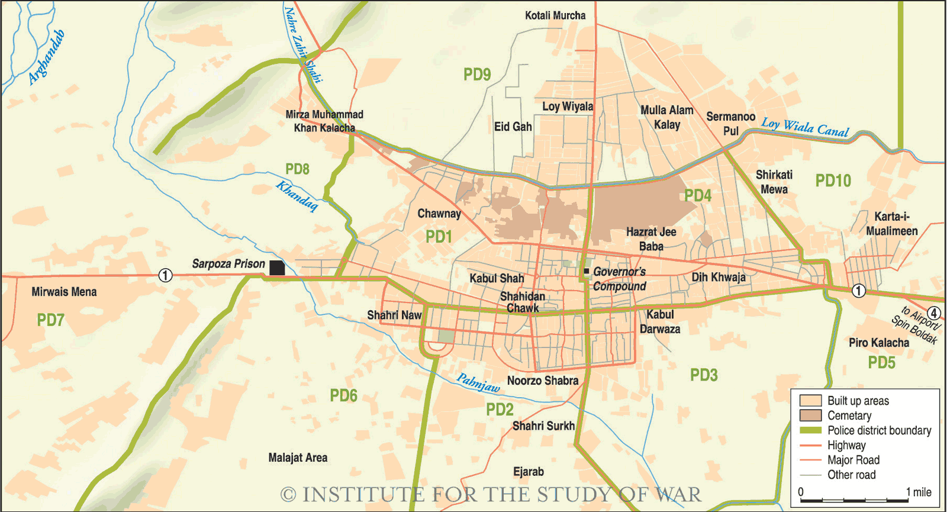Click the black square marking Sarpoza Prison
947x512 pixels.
coord(277,268)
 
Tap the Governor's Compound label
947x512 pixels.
coord(619,279)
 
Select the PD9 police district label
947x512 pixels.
coord(477,75)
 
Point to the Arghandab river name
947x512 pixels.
coord(46,57)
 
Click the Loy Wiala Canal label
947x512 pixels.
coord(805,127)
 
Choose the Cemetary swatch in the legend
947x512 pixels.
coord(810,416)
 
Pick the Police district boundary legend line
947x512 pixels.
coord(810,430)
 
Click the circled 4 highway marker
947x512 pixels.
coord(933,313)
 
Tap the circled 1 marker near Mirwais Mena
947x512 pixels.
coord(165,275)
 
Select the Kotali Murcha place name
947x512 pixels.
coord(555,15)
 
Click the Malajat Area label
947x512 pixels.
coord(298,458)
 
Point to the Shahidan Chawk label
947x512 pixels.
coord(522,302)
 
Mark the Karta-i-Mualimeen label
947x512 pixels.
coord(892,224)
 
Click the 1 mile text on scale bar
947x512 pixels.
coord(919,492)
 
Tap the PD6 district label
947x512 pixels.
coord(343,395)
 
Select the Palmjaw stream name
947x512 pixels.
coord(478,383)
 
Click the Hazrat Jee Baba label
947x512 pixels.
coord(651,239)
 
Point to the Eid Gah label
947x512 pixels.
coord(513,127)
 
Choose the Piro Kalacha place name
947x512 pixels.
coord(879,343)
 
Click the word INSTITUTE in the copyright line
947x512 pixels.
coord(363,494)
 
